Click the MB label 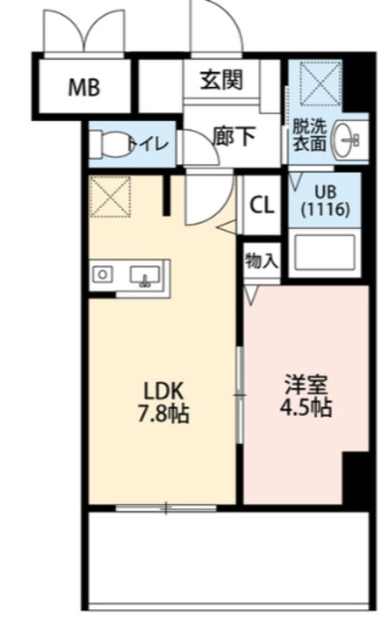tap(84, 87)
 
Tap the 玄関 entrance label tap(221, 80)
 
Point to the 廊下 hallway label tap(234, 135)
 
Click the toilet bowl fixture tap(107, 144)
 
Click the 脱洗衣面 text tap(309, 135)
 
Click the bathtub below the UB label tap(324, 252)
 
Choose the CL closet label tap(262, 205)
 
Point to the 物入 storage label tap(262, 261)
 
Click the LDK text tap(163, 391)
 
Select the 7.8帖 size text tap(163, 414)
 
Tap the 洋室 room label tap(306, 385)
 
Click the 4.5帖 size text tap(305, 407)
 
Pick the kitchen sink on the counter tap(145, 275)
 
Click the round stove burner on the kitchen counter tap(102, 274)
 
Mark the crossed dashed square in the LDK tap(109, 196)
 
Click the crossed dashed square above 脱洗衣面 tap(320, 84)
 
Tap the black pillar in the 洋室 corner tap(355, 478)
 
